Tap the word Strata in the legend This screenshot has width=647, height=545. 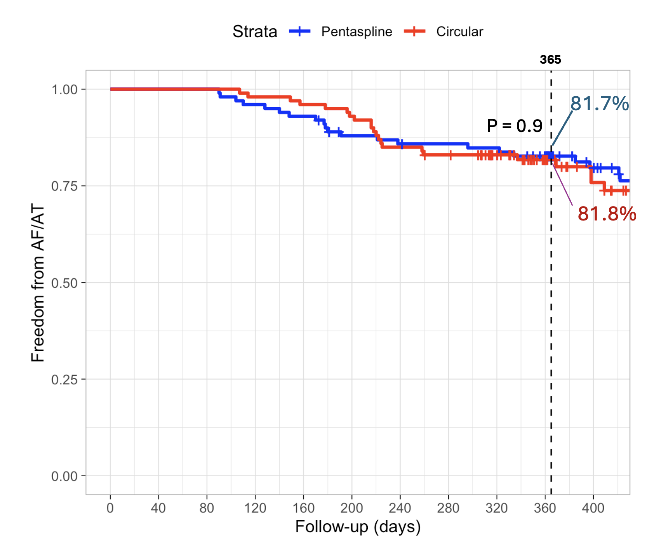coord(255,32)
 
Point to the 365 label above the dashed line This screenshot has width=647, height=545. coord(550,60)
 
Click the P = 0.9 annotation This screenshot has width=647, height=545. coord(515,126)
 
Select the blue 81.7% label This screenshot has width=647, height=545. coord(599,104)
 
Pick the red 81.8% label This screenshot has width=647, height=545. coord(607,214)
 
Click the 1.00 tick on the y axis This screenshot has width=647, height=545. coord(64,90)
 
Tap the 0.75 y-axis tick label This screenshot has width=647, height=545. coord(64,186)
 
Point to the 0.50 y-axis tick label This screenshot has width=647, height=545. coord(64,283)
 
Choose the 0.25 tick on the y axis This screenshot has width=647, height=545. coord(64,379)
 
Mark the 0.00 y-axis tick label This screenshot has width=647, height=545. coord(64,476)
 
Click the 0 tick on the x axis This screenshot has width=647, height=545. coord(110,508)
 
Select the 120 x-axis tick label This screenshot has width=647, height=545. coord(255,508)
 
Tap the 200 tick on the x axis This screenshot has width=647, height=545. coord(351,508)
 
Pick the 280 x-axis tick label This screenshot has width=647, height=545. coord(448,508)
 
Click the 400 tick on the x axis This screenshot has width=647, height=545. coord(593,508)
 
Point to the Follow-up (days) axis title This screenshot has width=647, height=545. coord(358,527)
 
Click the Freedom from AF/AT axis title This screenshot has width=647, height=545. coord(38,283)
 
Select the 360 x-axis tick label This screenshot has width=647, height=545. coord(545,508)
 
